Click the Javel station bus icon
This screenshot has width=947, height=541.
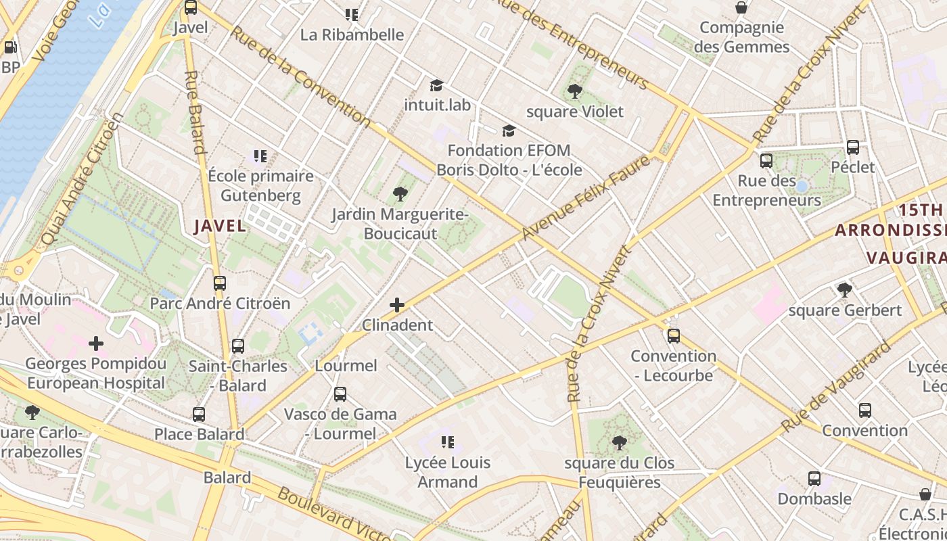point(191,7)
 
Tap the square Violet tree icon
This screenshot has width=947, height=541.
point(575,91)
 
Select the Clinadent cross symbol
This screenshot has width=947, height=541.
point(397,305)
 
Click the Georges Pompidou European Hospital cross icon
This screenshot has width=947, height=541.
point(96,344)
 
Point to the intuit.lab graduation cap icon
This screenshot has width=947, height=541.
point(436,85)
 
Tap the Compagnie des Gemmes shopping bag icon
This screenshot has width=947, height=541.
point(741,7)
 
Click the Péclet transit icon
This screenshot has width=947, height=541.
point(853,147)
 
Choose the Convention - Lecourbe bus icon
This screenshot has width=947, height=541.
point(673,335)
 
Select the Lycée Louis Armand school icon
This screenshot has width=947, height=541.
point(447,442)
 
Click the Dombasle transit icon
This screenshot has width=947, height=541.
point(814,479)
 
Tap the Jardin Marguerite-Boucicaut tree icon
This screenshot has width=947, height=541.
point(400,194)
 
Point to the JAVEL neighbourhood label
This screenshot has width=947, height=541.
point(221,226)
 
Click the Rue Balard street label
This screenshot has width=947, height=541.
point(195,112)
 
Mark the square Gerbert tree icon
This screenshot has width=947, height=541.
point(844,290)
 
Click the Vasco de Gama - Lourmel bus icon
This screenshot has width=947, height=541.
point(340,394)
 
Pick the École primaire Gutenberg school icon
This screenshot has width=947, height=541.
point(260,156)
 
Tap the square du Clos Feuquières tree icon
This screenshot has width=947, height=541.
point(619,443)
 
